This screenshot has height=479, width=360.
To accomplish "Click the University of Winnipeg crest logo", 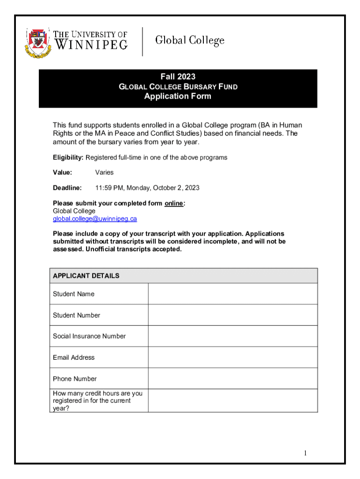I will (39, 42).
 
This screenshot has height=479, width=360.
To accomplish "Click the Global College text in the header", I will (189, 41).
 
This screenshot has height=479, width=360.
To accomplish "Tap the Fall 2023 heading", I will (178, 77).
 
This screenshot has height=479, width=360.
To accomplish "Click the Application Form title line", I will (178, 96).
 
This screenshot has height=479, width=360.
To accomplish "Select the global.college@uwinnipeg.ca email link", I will (94, 218).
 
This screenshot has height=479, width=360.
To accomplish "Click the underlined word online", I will (174, 203).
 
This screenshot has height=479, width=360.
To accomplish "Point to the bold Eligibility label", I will (68, 158).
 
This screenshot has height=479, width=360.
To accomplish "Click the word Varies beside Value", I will (104, 173).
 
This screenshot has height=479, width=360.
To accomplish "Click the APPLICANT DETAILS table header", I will (86, 276).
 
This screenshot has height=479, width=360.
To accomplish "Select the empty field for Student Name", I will (232, 294).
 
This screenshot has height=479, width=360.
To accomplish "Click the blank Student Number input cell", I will (232, 315).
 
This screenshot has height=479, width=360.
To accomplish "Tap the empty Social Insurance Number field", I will (232, 336).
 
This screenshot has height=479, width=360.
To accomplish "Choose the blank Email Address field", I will (232, 357).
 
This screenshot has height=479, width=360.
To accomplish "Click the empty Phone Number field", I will (232, 378).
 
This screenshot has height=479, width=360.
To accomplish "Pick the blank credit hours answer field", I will (232, 400).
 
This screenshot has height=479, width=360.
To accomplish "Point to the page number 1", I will (305, 453).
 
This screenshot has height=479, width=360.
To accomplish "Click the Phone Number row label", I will (75, 379).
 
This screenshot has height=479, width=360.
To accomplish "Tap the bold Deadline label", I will (67, 188).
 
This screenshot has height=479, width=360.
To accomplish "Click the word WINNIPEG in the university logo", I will (91, 45).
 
